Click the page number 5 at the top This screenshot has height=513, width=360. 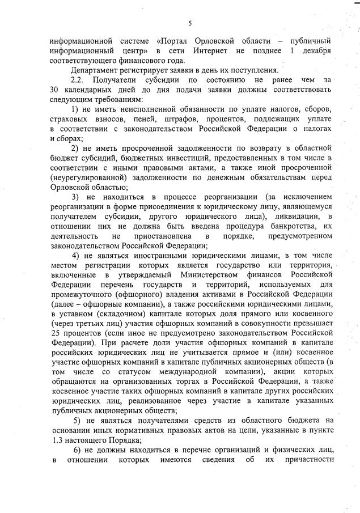click(x=190, y=23)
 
